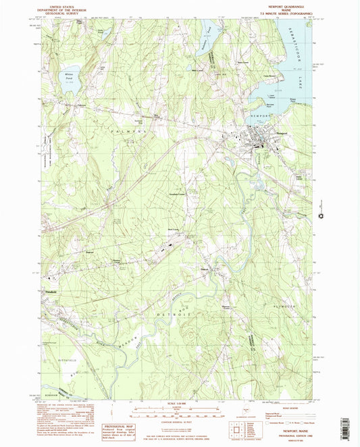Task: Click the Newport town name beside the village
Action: tap(282, 133)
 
